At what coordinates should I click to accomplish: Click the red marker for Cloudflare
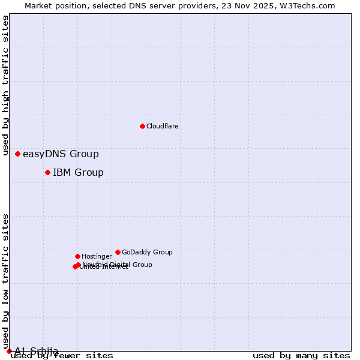(x=142, y=126)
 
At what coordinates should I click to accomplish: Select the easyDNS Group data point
(x=17, y=154)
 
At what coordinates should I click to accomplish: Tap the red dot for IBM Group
(x=47, y=173)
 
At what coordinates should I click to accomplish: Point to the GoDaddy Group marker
(x=118, y=252)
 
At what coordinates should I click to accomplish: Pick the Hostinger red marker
(x=77, y=256)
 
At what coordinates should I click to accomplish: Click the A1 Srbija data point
(x=9, y=351)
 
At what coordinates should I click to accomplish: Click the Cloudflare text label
(x=162, y=126)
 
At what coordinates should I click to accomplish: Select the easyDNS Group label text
(x=61, y=154)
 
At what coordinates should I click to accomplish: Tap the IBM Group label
(x=78, y=173)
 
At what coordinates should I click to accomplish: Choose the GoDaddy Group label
(x=147, y=252)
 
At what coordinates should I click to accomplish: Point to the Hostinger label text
(x=97, y=256)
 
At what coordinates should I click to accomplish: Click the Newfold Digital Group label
(x=118, y=264)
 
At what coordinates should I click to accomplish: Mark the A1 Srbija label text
(x=37, y=351)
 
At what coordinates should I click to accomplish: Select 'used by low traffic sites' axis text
(x=6, y=281)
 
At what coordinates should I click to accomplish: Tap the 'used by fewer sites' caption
(x=62, y=356)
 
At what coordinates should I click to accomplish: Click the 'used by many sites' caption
(x=301, y=356)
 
